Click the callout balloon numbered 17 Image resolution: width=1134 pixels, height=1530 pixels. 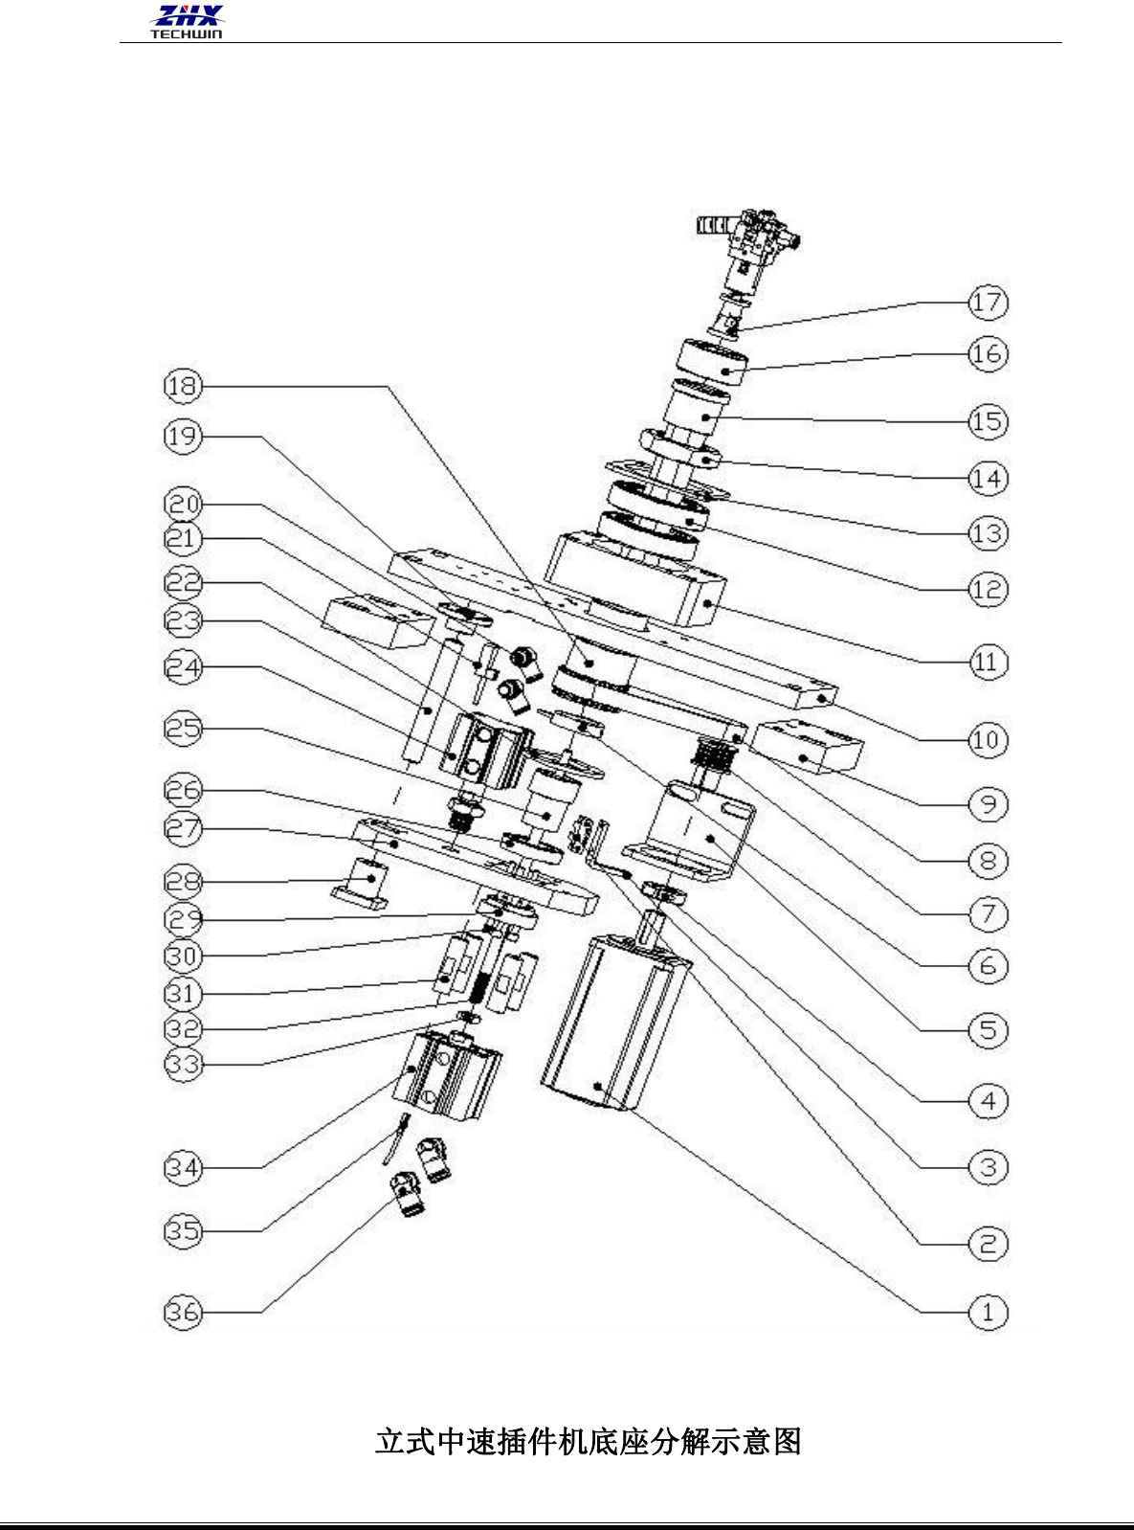(988, 304)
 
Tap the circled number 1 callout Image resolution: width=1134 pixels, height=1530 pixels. (988, 1312)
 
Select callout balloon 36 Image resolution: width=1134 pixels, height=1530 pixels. (184, 1312)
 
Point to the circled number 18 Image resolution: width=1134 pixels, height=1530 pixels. (184, 386)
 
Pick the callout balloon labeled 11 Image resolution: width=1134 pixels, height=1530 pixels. (988, 663)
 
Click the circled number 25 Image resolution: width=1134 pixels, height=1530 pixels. (184, 729)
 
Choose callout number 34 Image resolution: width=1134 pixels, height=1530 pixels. (184, 1168)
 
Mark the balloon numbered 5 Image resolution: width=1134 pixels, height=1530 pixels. (988, 1031)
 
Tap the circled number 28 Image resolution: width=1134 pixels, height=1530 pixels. (184, 882)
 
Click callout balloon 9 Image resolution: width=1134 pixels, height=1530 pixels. (988, 804)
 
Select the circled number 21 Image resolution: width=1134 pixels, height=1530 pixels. (184, 539)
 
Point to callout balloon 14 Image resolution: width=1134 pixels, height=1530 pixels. (988, 479)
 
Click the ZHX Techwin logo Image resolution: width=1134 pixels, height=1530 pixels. (187, 21)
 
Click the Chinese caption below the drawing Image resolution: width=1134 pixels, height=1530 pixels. (588, 1441)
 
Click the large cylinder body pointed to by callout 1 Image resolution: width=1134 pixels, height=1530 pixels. (612, 1024)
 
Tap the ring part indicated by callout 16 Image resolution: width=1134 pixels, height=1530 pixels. (713, 361)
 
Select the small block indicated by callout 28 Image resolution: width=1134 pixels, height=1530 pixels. (363, 880)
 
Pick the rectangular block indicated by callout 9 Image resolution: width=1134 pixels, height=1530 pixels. (809, 747)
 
